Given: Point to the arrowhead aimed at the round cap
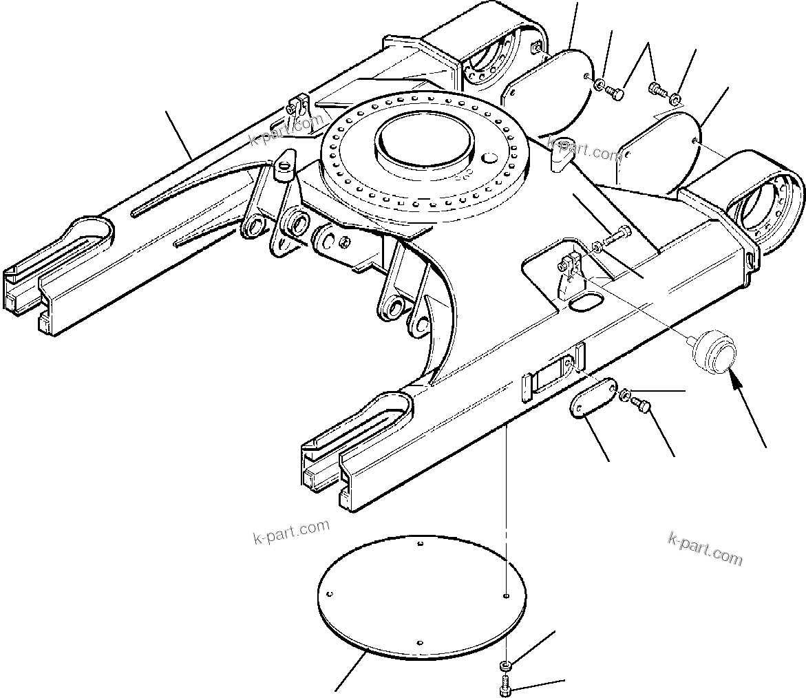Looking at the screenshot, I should [735, 376].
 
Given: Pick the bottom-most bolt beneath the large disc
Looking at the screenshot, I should [504, 684].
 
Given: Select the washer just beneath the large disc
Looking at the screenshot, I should [505, 665].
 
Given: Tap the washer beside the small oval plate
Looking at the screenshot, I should [626, 394].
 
